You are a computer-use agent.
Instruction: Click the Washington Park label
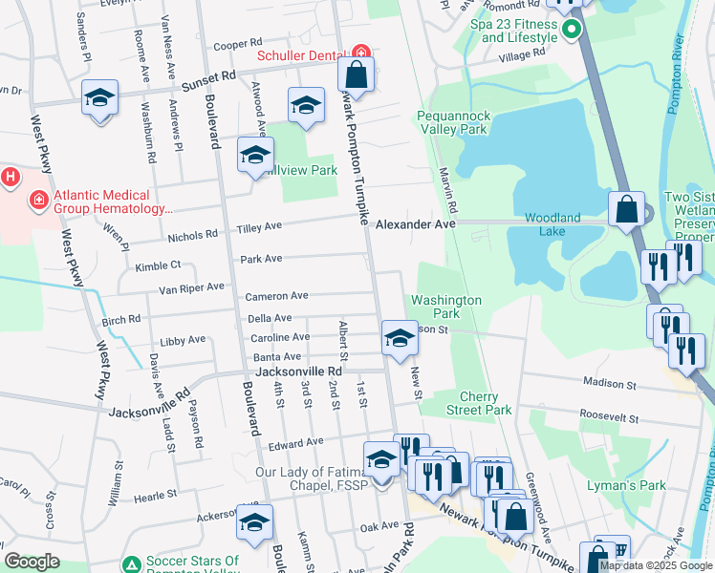(x=446, y=306)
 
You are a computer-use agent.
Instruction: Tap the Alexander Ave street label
(x=415, y=224)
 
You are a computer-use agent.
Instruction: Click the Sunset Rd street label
(x=203, y=76)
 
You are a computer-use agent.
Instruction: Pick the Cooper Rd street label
(x=237, y=44)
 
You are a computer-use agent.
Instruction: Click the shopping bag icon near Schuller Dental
(x=356, y=74)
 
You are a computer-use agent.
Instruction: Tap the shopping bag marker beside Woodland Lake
(x=626, y=208)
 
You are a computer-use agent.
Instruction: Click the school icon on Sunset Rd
(x=99, y=98)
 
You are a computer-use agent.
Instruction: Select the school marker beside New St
(x=400, y=337)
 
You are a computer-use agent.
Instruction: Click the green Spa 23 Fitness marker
(x=572, y=29)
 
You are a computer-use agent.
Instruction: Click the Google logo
(x=32, y=562)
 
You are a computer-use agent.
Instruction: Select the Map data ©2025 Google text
(x=655, y=565)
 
